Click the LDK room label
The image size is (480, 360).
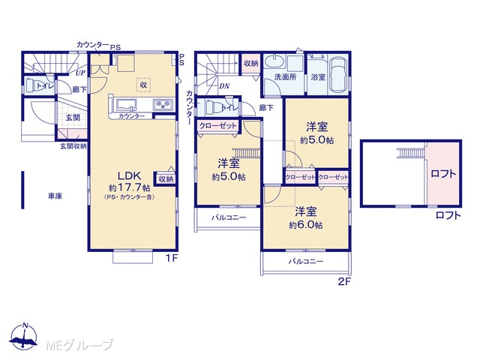pos(130,175)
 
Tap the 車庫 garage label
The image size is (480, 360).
pos(55,196)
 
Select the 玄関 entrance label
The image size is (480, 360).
pos(73,117)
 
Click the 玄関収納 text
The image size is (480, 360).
pos(73,146)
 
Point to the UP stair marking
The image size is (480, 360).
pos(80,73)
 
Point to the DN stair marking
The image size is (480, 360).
pos(224,86)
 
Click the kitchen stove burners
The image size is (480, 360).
pos(163,105)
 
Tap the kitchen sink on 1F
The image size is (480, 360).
pos(125,105)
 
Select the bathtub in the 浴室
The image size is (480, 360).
pos(338,74)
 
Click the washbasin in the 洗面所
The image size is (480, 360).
pos(274,62)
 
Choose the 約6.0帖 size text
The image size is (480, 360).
pos(306,226)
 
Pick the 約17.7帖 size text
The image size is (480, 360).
pos(130,187)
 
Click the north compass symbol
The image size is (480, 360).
pos(23,336)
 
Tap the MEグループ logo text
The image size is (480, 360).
pos(79,345)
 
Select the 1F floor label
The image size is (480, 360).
pos(172,259)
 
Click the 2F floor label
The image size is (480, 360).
pos(344,281)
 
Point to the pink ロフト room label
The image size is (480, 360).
pos(443,174)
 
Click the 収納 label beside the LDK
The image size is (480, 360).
pos(166,178)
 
